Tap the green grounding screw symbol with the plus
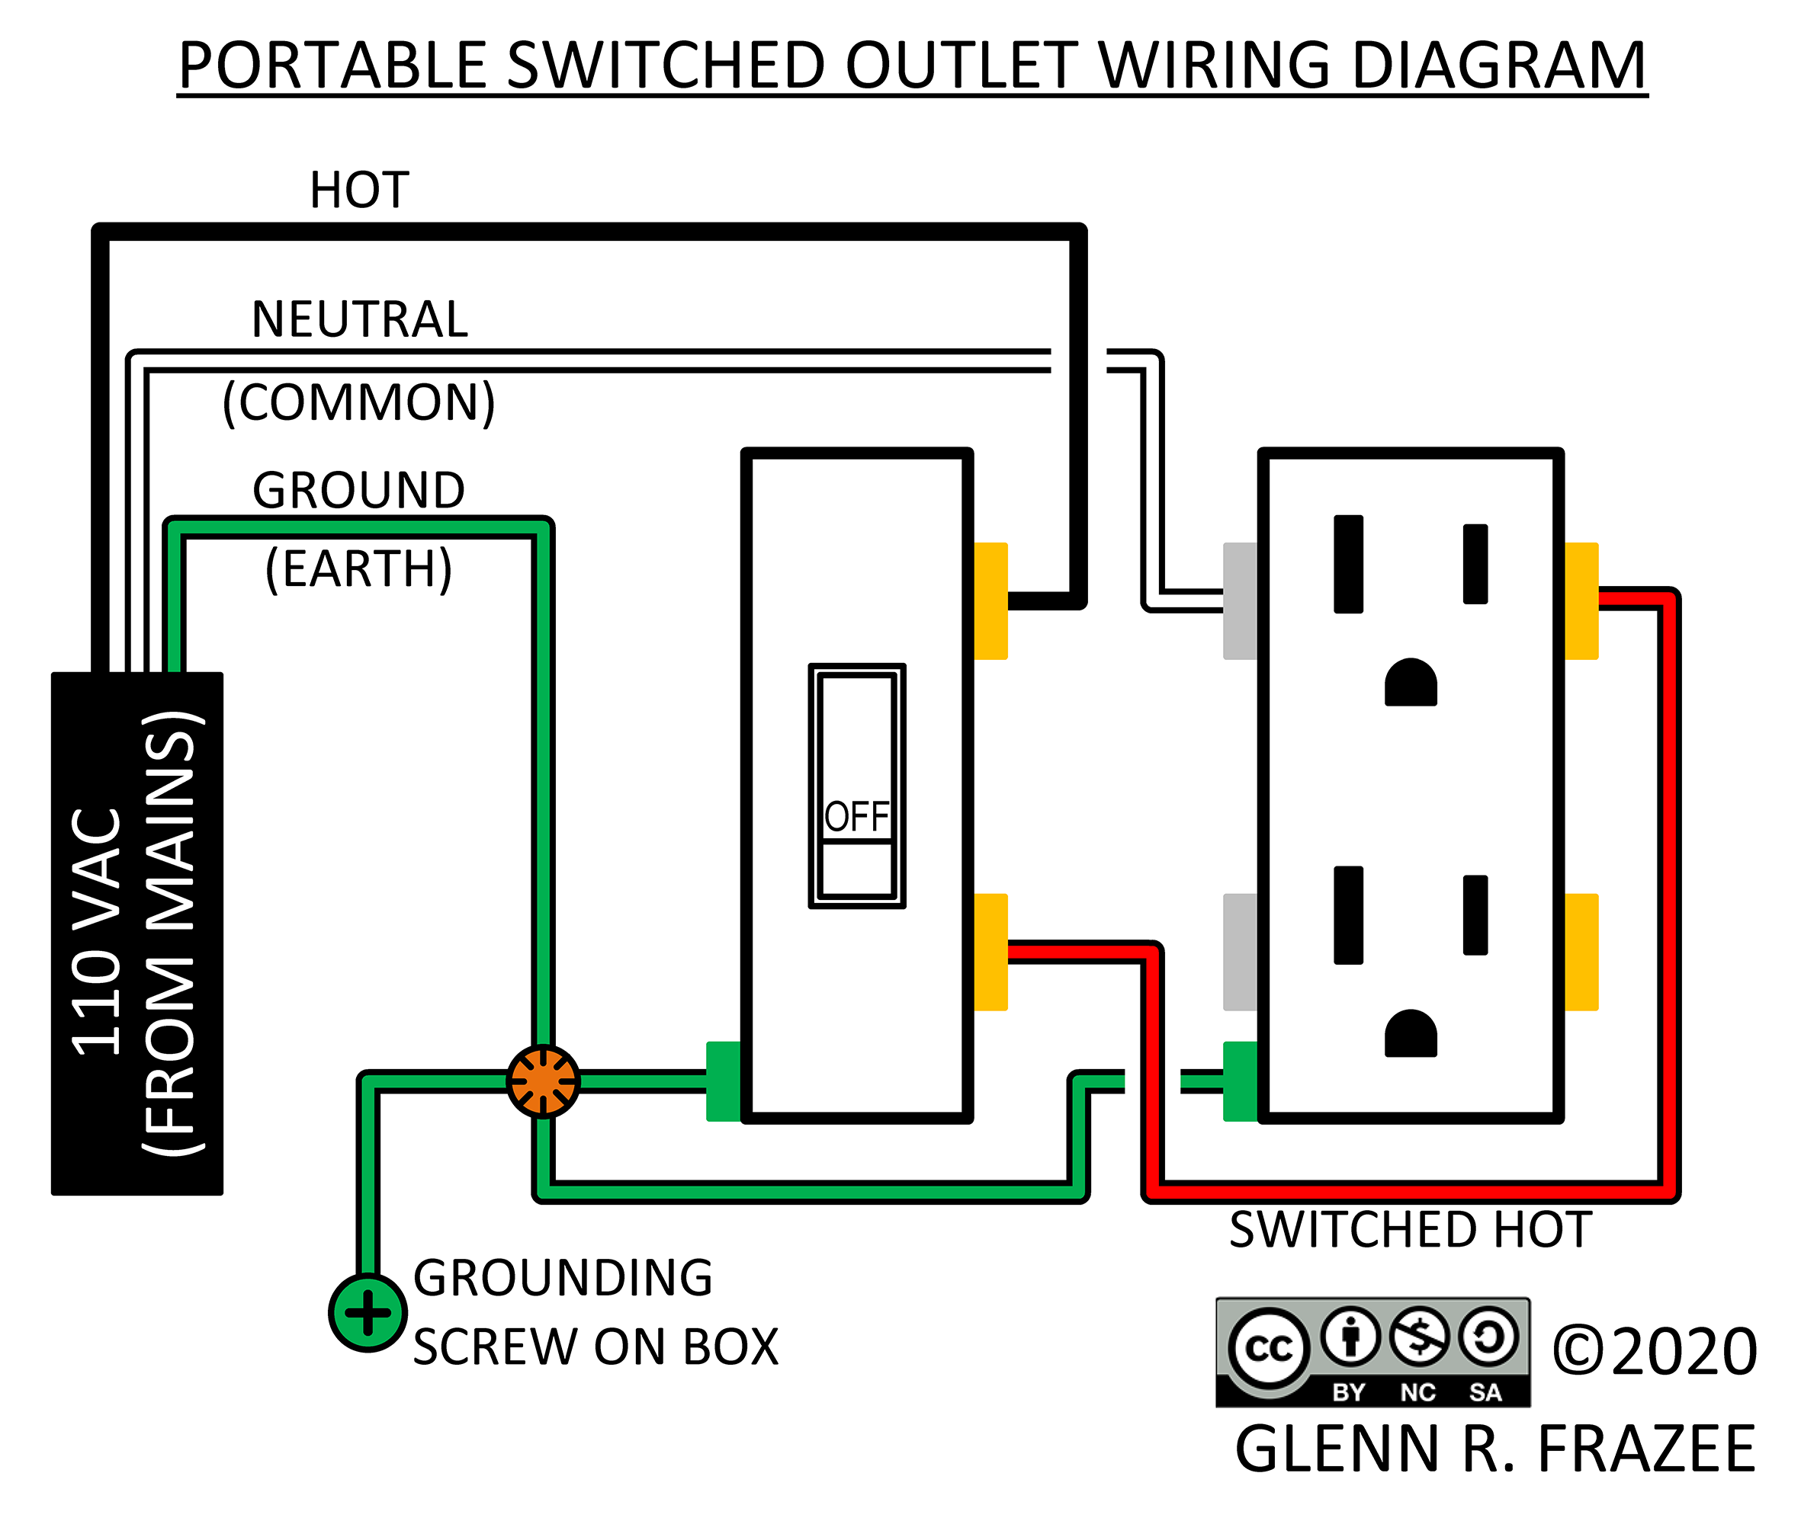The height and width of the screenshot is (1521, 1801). pos(368,1312)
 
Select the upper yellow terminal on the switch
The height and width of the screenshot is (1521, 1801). pos(990,601)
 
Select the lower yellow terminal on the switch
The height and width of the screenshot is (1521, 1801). pos(990,952)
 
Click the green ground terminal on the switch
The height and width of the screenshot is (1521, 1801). pos(723,1081)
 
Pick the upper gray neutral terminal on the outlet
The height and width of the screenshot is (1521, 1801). pos(1240,601)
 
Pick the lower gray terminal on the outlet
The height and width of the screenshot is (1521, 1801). pos(1240,952)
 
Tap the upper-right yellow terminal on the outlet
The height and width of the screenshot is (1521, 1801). pos(1581,601)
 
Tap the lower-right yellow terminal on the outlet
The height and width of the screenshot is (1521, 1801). pos(1581,952)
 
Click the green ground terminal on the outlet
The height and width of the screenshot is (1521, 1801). pos(1240,1081)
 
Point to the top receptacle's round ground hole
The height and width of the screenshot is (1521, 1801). pos(1411,683)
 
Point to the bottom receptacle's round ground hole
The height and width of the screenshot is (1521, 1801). pos(1411,1034)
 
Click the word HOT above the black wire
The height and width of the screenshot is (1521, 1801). pos(359,191)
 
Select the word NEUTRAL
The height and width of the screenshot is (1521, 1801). pos(359,319)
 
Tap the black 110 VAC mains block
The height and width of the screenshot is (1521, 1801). pos(136,933)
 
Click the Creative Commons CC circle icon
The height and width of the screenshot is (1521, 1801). pos(1268,1349)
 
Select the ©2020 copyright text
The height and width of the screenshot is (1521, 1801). pos(1654,1351)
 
